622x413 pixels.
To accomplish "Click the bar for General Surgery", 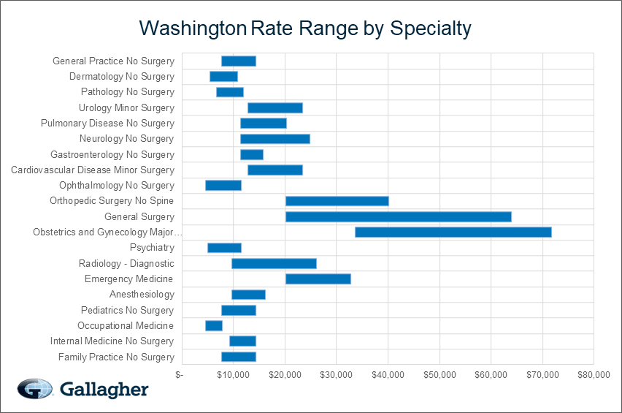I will click(x=398, y=216).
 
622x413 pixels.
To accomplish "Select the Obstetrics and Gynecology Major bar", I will click(x=453, y=232).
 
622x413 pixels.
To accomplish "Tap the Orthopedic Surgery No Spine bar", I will click(x=337, y=201).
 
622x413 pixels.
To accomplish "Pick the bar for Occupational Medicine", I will click(x=214, y=326).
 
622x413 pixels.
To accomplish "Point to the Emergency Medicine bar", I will click(x=318, y=279).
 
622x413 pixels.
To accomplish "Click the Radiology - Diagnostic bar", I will click(x=274, y=263).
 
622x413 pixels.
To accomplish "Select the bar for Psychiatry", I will click(x=224, y=248).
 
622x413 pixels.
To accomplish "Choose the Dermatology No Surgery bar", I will click(x=223, y=77).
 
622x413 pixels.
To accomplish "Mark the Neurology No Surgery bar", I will click(x=275, y=139).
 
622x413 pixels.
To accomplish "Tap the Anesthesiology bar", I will click(x=248, y=295).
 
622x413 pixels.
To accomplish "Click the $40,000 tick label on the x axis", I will click(x=388, y=375).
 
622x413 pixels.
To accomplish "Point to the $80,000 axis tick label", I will click(x=594, y=375).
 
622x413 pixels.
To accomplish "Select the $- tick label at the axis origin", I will click(x=180, y=375).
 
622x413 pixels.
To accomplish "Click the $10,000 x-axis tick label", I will click(x=233, y=375).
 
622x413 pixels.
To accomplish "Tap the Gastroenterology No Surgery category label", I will click(x=112, y=155).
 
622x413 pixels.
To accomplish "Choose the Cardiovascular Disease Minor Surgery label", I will click(x=93, y=170).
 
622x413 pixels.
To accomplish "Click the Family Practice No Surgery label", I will click(x=116, y=357).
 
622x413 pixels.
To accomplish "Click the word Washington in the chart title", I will click(x=192, y=29).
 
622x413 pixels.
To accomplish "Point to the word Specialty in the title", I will click(x=431, y=29).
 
